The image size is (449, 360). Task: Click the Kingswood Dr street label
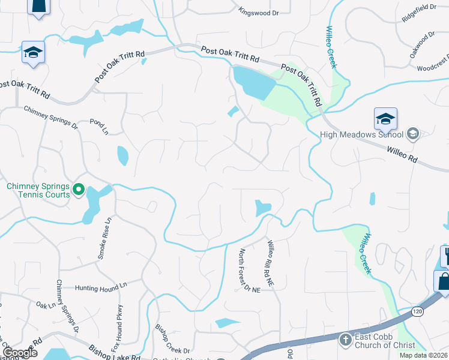(260, 11)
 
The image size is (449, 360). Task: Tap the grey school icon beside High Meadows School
(412, 134)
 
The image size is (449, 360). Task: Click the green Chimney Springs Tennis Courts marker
(79, 190)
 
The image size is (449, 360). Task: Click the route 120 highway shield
(418, 311)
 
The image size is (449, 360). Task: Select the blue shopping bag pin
(442, 281)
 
